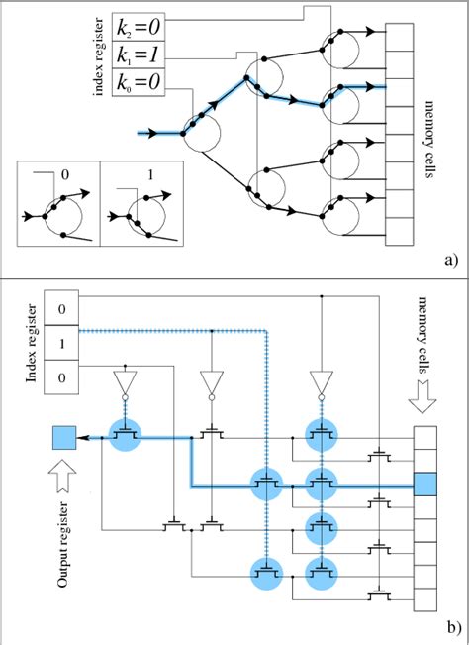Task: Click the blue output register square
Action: tap(62, 437)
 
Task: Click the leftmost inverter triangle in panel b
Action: tap(126, 380)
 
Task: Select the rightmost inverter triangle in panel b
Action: tap(320, 380)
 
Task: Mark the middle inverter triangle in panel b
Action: tap(210, 380)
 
